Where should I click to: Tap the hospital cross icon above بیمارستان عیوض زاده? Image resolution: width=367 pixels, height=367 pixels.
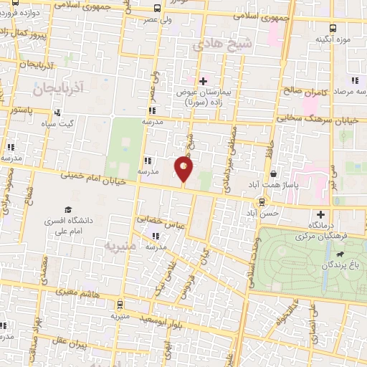click(x=203, y=80)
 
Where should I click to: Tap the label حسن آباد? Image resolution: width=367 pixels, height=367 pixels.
click(x=259, y=213)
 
